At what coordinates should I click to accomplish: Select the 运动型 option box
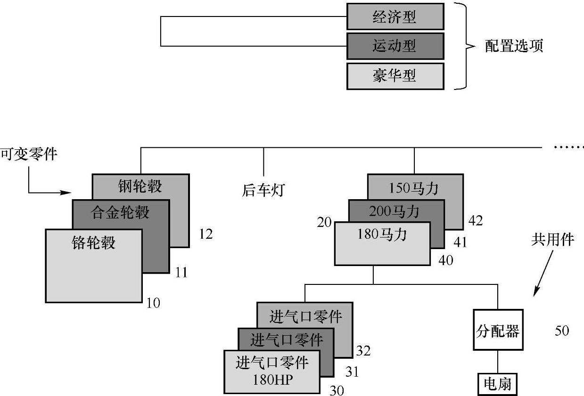(395, 46)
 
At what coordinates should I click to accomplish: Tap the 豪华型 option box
(395, 76)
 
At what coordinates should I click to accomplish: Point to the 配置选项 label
(514, 46)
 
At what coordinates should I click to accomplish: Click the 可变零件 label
(28, 154)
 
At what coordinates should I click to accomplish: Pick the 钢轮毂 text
(140, 186)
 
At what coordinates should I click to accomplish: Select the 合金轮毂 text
(120, 212)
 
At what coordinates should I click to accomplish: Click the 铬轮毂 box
(94, 265)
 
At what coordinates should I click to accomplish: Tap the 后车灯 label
(263, 190)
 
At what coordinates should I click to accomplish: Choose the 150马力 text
(414, 188)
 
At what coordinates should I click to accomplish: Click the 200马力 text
(395, 212)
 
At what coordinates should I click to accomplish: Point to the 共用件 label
(553, 240)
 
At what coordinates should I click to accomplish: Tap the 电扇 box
(497, 385)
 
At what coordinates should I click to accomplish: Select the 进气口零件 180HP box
(271, 372)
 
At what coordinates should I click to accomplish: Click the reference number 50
(562, 331)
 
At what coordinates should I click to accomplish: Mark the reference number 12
(206, 234)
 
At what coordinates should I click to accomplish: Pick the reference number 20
(325, 221)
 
